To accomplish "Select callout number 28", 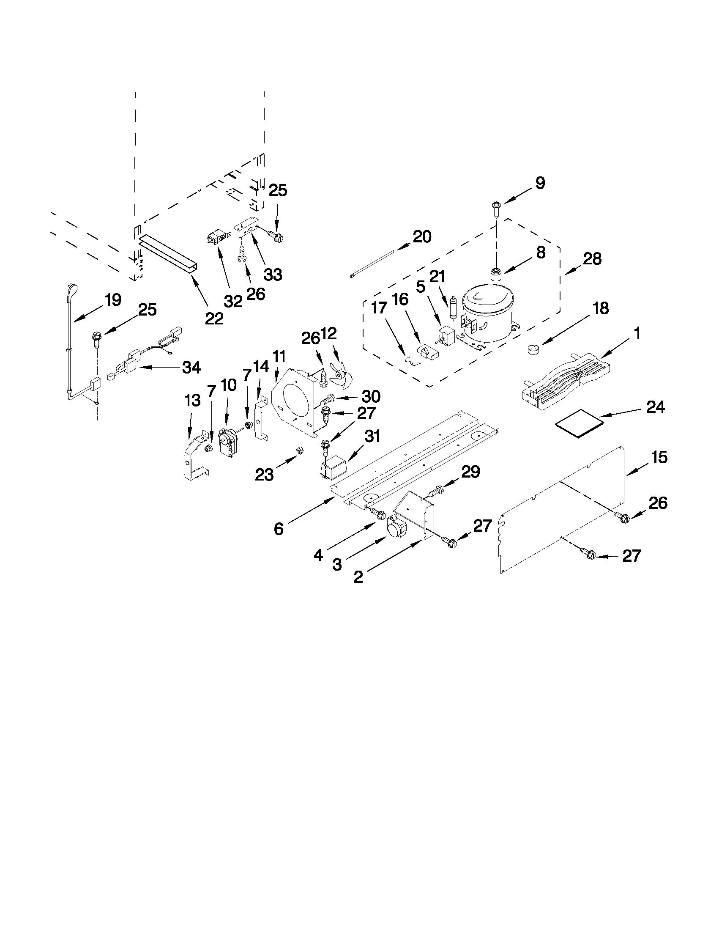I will (x=592, y=259).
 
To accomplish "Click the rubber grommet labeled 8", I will (x=496, y=273).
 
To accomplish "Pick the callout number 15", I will (x=659, y=457).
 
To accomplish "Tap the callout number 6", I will (x=278, y=529).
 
